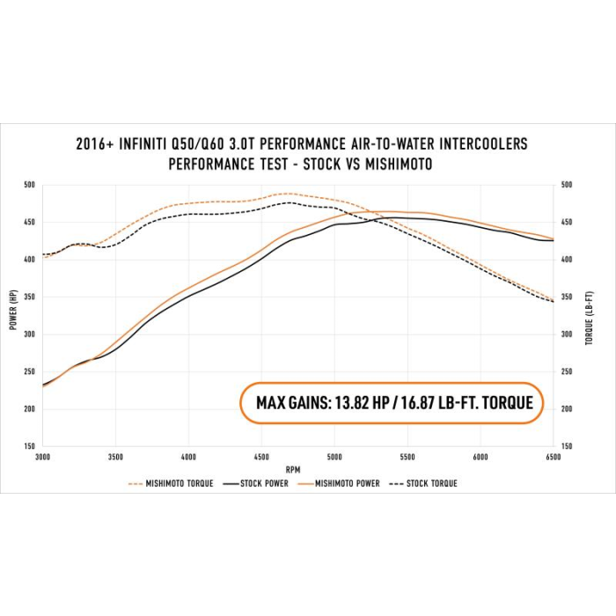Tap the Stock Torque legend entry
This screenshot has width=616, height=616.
[x=430, y=483]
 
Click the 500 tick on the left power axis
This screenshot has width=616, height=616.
[x=29, y=185]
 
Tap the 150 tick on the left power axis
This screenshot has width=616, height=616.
[x=29, y=447]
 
